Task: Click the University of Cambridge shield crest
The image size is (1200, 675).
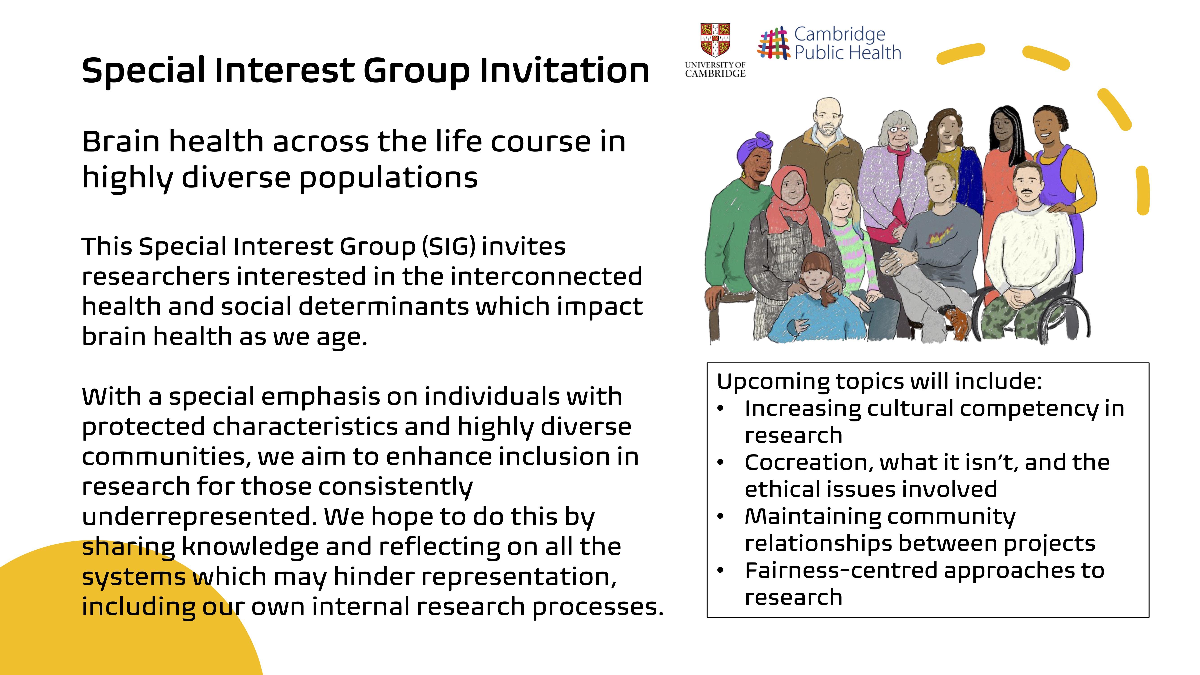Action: [x=715, y=40]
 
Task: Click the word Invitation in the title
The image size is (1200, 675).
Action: [x=565, y=71]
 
